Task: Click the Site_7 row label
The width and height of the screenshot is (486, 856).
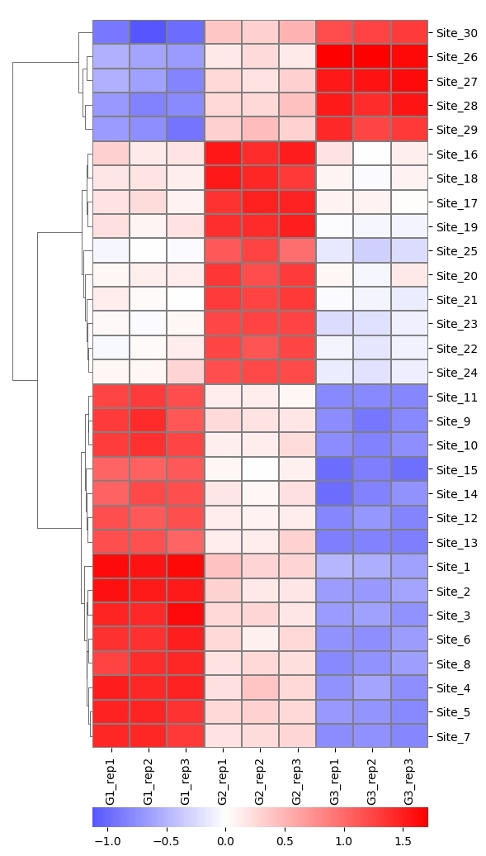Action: [451, 736]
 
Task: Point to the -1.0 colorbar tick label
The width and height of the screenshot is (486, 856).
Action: [106, 841]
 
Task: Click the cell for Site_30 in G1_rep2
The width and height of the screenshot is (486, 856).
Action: [149, 32]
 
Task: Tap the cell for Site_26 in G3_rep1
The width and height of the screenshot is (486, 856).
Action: [335, 57]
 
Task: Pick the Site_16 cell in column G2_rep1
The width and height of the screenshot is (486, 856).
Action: [223, 154]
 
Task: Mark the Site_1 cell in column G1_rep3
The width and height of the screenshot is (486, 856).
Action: [186, 567]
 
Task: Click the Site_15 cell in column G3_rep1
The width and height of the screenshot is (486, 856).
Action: [335, 469]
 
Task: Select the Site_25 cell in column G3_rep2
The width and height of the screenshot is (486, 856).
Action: [372, 251]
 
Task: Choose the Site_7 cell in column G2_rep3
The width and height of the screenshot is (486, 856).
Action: [297, 736]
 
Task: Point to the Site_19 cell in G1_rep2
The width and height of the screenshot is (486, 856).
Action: [149, 226]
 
